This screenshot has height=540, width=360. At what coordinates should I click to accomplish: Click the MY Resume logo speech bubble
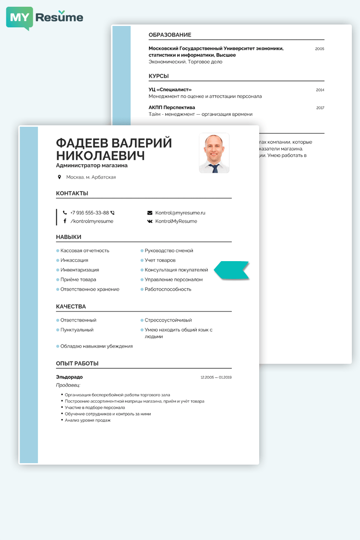click(20, 18)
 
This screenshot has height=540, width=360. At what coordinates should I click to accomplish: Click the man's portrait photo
click(214, 153)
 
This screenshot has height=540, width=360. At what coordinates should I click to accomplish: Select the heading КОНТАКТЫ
click(72, 193)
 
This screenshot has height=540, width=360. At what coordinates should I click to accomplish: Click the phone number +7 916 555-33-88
click(89, 213)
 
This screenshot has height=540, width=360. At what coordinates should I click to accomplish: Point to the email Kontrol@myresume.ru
click(180, 213)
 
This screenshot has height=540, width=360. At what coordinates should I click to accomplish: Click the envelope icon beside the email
click(150, 213)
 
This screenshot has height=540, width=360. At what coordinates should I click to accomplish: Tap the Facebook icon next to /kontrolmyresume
click(65, 221)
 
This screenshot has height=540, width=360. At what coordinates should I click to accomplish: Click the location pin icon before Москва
click(60, 177)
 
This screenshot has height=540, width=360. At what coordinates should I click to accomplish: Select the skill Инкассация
click(74, 260)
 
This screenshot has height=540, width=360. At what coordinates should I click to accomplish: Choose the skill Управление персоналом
click(173, 279)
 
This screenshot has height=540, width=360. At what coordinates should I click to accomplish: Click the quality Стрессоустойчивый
click(168, 320)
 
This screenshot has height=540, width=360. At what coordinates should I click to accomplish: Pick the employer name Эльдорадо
click(69, 377)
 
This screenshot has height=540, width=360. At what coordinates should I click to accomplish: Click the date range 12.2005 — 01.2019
click(216, 378)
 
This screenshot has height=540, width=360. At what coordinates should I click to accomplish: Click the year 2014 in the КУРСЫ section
click(320, 90)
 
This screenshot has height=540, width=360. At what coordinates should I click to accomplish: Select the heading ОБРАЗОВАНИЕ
click(170, 35)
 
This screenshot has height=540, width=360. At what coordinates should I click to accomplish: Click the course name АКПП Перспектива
click(172, 108)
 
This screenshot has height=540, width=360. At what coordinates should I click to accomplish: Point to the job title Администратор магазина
click(92, 166)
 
